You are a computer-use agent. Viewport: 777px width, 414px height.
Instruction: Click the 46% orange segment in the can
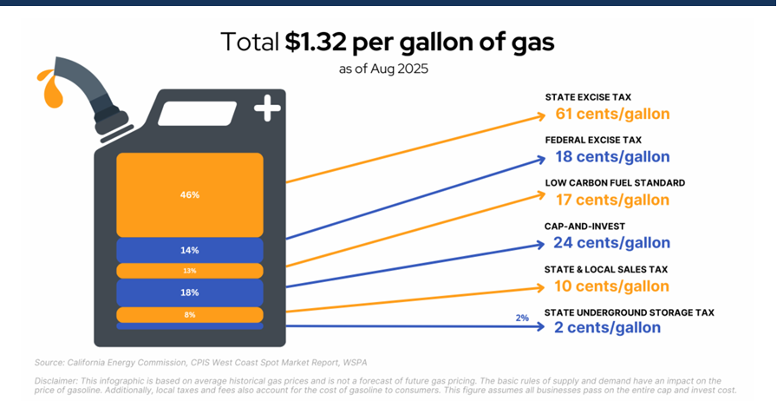(190, 194)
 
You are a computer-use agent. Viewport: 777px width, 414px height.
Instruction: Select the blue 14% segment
(190, 250)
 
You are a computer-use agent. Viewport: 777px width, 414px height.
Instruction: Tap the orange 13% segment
(190, 271)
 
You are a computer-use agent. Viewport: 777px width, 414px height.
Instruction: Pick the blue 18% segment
(190, 292)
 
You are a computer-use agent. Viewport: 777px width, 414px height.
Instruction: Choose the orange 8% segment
(190, 314)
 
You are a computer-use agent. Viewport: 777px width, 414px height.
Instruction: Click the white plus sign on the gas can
(267, 109)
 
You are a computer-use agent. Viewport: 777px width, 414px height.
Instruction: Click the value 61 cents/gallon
(612, 114)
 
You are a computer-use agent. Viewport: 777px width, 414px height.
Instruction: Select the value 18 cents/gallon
(612, 157)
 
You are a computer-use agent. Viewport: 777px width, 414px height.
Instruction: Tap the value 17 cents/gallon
(612, 200)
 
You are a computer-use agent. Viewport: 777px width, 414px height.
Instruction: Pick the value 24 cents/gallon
(612, 243)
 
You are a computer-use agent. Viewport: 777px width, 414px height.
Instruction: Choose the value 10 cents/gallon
(612, 286)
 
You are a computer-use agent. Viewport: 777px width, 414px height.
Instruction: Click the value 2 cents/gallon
(607, 327)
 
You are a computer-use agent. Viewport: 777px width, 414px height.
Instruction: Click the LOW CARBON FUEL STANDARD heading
(615, 183)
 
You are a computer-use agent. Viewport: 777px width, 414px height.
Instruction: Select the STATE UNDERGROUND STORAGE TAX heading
(629, 312)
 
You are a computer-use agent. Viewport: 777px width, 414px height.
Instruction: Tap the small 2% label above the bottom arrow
(522, 318)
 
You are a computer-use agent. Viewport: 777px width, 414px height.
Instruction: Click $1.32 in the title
(330, 41)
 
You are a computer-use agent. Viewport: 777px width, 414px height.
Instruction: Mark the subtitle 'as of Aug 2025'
(383, 67)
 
